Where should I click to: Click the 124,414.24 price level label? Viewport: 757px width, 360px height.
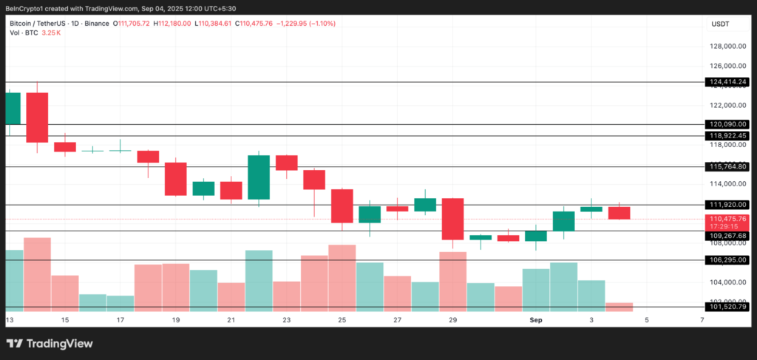point(728,82)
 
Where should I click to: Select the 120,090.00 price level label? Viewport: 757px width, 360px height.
point(728,124)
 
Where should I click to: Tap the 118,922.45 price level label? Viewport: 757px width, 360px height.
point(728,136)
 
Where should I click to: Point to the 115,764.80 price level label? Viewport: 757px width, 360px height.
point(728,167)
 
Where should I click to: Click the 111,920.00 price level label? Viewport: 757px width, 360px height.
point(728,204)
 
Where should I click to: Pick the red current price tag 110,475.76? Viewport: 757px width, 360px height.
point(728,219)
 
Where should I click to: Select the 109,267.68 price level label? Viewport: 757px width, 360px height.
point(728,236)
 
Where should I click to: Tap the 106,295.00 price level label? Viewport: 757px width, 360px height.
point(728,260)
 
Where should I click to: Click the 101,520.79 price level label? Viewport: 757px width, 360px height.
point(728,307)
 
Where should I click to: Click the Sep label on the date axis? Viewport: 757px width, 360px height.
point(536,320)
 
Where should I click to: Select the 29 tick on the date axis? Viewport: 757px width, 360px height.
point(453,320)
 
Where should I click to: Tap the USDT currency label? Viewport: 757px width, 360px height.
point(720,24)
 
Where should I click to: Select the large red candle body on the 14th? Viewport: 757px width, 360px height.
point(37,118)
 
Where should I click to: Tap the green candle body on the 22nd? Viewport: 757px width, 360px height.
point(258,177)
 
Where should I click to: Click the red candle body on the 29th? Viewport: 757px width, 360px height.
point(452,219)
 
